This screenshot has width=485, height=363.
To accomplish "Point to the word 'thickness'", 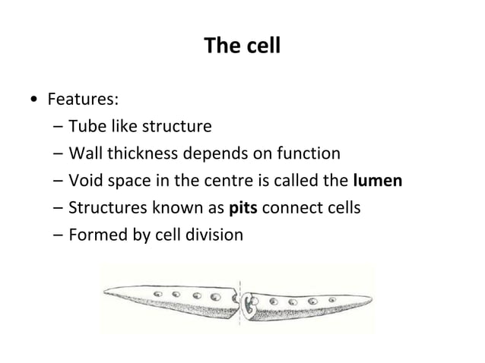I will (x=141, y=154).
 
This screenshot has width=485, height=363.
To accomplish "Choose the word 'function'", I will (x=310, y=154).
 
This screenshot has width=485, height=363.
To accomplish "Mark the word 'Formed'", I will (x=94, y=235).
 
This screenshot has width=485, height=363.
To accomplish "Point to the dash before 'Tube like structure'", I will (x=59, y=127).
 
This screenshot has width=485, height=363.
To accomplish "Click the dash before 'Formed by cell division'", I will (x=59, y=235).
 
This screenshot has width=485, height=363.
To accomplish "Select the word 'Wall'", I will (x=83, y=154).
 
